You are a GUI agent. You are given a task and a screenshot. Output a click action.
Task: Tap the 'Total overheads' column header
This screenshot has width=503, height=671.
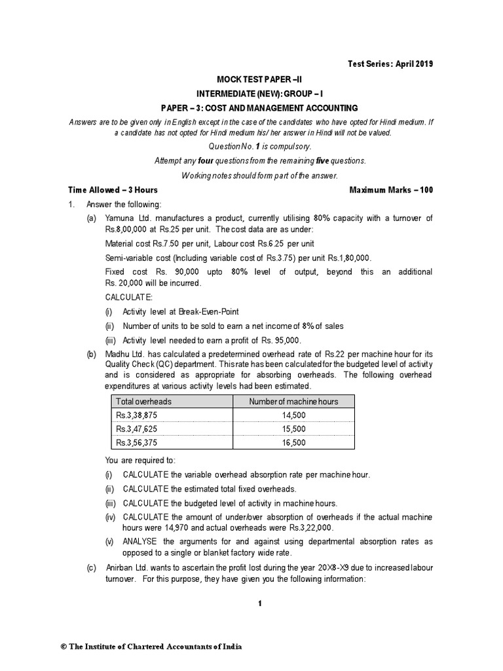[143, 402]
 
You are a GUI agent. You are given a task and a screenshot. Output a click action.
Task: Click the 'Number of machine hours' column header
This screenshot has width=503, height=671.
[293, 402]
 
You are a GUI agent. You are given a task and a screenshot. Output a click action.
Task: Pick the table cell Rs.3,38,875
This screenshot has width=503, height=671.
[137, 415]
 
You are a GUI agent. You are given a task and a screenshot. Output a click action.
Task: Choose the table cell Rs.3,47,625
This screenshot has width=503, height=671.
[137, 429]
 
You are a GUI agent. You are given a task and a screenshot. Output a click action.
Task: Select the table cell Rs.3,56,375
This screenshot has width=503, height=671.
[137, 442]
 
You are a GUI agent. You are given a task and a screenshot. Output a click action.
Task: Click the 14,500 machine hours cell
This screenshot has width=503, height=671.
[293, 415]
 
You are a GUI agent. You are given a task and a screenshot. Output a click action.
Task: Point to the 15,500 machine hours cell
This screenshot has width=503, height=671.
[293, 429]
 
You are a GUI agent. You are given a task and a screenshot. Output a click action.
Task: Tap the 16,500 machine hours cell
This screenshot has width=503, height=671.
[293, 442]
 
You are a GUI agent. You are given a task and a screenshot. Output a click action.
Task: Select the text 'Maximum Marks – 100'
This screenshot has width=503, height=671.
[391, 190]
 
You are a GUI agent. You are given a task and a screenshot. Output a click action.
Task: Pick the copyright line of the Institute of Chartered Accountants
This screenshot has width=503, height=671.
[151, 647]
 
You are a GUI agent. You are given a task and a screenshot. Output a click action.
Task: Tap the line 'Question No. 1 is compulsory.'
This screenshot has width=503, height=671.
[251, 146]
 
